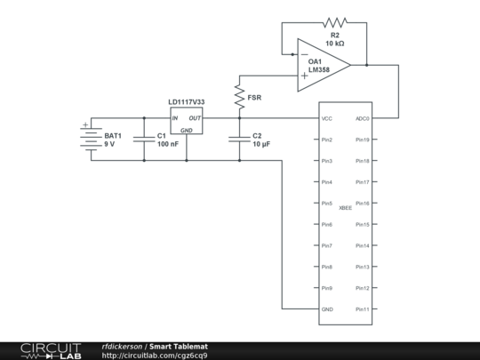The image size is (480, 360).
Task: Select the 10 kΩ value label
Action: [x=335, y=44]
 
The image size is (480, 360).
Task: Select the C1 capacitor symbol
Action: [x=143, y=139]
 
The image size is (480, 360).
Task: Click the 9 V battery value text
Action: [x=110, y=144]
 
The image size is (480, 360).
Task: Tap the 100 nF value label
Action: [x=168, y=144]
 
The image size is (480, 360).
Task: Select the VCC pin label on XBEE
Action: [x=327, y=118]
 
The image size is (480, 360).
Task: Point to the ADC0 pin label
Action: [x=363, y=118]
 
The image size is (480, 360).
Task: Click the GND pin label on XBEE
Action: [x=327, y=309]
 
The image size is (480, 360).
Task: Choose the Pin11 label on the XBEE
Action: [x=363, y=309]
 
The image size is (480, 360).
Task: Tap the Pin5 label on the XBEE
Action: [x=327, y=204]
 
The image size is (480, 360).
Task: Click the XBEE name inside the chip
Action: [x=345, y=207]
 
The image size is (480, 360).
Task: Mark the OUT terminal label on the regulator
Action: [x=194, y=118]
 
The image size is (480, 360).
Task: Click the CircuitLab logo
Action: [x=51, y=350]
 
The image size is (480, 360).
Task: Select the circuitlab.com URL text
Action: [x=156, y=356]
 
